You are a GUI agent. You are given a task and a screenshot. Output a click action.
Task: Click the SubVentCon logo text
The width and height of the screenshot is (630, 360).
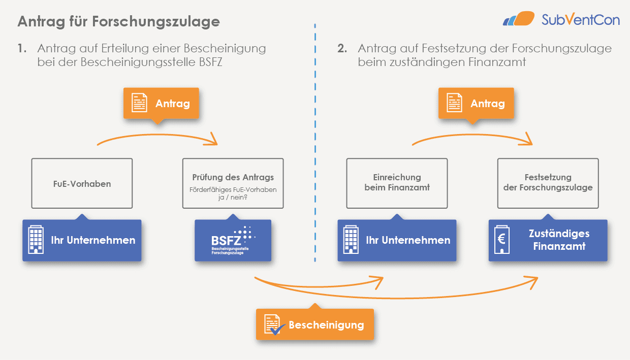click(x=581, y=20)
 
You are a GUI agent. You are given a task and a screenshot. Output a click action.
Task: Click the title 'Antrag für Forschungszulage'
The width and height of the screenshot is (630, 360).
click(x=118, y=22)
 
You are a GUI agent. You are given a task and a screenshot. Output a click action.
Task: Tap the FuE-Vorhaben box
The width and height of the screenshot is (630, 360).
click(x=82, y=183)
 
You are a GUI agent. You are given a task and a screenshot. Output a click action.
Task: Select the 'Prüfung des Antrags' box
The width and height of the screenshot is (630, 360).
click(x=233, y=183)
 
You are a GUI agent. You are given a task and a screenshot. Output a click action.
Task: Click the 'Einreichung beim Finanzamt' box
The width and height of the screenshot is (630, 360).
click(x=397, y=183)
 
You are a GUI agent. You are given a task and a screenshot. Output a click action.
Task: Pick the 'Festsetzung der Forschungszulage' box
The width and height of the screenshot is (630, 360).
click(x=548, y=183)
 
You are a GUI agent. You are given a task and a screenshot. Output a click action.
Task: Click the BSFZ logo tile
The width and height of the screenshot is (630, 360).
click(x=233, y=241)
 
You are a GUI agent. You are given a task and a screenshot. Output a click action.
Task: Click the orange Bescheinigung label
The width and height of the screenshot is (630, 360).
click(x=315, y=325)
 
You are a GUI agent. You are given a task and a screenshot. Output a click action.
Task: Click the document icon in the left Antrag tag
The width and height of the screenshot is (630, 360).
click(x=139, y=104)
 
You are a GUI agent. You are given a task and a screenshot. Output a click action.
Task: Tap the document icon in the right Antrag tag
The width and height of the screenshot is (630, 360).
click(x=454, y=104)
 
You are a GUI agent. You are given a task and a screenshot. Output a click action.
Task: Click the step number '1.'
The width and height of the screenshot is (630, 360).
click(x=21, y=49)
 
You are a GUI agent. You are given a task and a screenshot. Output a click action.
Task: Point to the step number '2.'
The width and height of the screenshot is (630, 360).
click(x=342, y=49)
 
